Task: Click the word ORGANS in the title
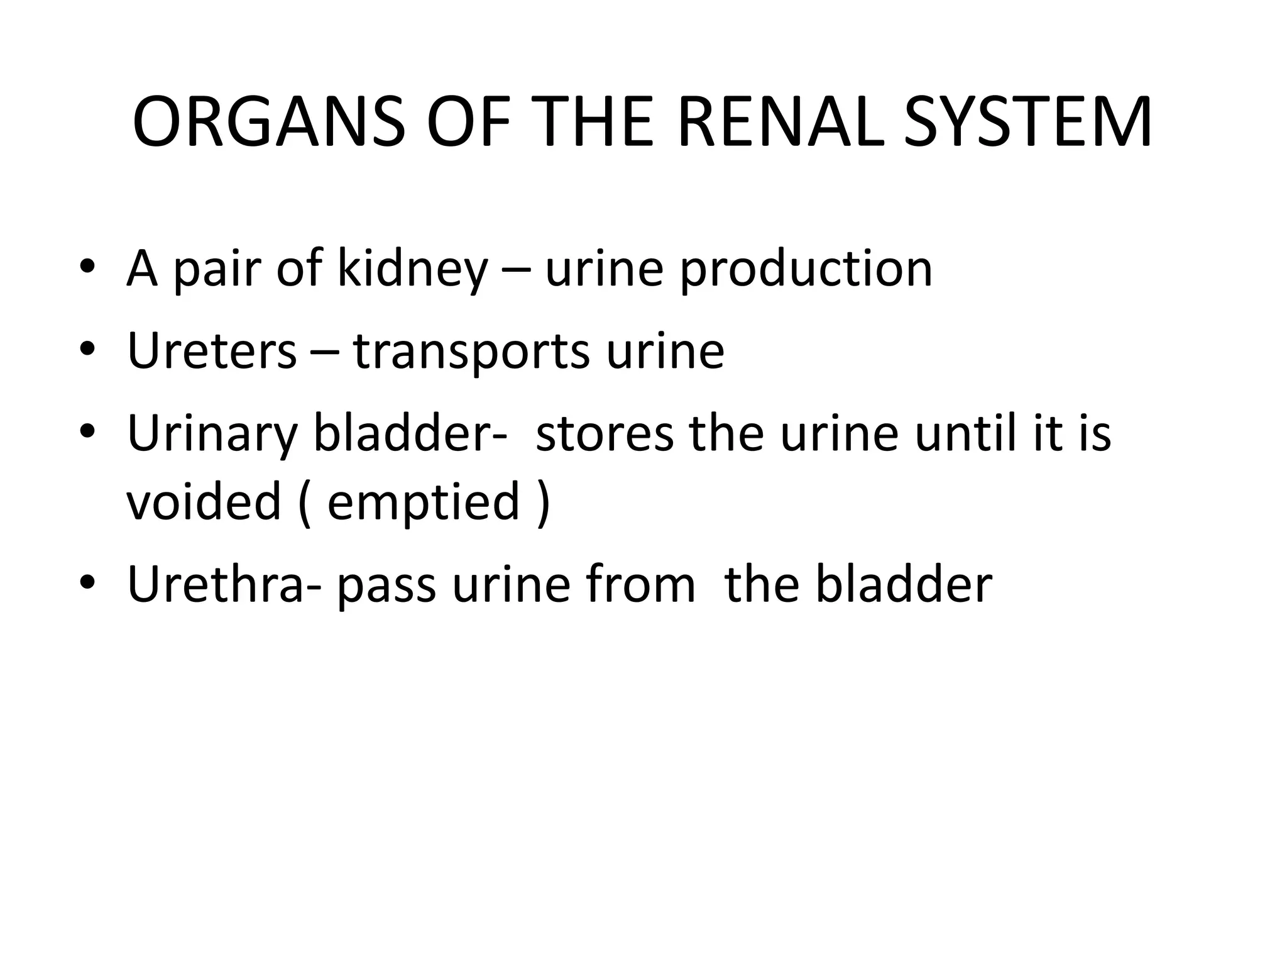[269, 123]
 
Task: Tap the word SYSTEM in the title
[1028, 123]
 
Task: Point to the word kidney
[412, 269]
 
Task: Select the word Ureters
[211, 351]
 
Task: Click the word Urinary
[211, 434]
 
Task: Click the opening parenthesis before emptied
[304, 503]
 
